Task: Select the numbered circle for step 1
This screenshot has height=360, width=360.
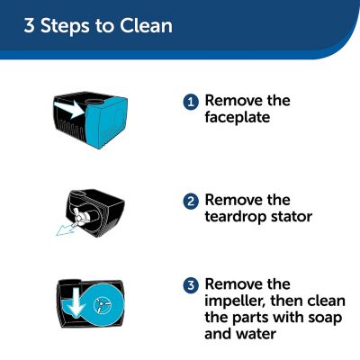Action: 191,102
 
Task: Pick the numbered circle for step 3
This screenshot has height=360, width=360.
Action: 191,285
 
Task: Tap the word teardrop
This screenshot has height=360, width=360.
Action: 236,217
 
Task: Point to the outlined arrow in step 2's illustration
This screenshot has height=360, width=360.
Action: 64,228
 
